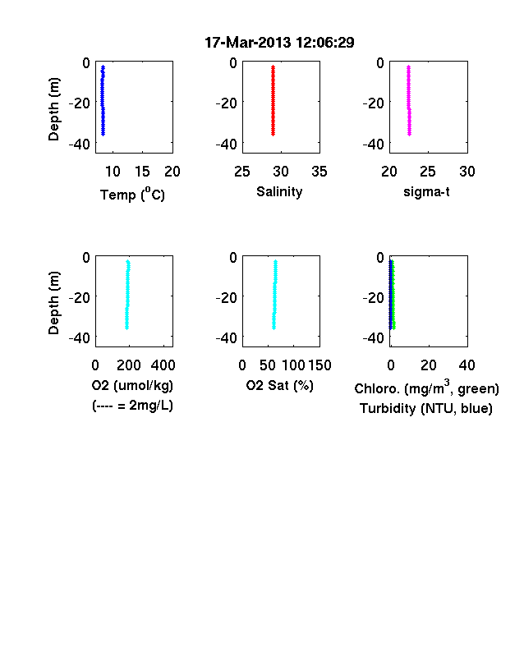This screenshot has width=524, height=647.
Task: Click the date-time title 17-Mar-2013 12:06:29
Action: click(279, 43)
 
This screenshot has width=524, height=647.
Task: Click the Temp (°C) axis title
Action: click(132, 194)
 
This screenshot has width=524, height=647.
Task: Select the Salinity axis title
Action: click(279, 192)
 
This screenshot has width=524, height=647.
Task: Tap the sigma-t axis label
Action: click(426, 192)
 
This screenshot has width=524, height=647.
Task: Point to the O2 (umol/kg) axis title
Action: click(132, 385)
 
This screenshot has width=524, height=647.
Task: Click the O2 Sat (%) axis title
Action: click(280, 385)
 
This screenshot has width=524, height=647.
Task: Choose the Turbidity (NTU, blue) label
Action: click(426, 409)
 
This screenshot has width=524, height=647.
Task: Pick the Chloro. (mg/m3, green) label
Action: click(426, 388)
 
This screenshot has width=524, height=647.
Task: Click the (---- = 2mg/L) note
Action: click(132, 406)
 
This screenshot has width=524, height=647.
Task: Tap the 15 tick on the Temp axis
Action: click(142, 172)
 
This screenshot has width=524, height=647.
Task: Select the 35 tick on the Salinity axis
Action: click(319, 172)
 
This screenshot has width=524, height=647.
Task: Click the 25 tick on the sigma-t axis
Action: click(428, 172)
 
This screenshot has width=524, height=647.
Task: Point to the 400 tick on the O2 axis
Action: click(163, 365)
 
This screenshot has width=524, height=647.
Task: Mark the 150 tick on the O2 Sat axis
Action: click(319, 365)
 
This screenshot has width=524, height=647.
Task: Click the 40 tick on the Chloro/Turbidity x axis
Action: click(467, 365)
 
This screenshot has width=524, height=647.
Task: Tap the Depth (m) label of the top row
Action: click(53, 109)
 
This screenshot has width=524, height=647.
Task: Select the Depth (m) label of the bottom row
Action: click(53, 302)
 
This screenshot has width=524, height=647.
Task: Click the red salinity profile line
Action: click(273, 100)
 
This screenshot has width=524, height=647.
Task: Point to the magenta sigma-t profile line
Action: click(409, 100)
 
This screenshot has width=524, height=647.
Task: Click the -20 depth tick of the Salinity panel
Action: click(226, 103)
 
